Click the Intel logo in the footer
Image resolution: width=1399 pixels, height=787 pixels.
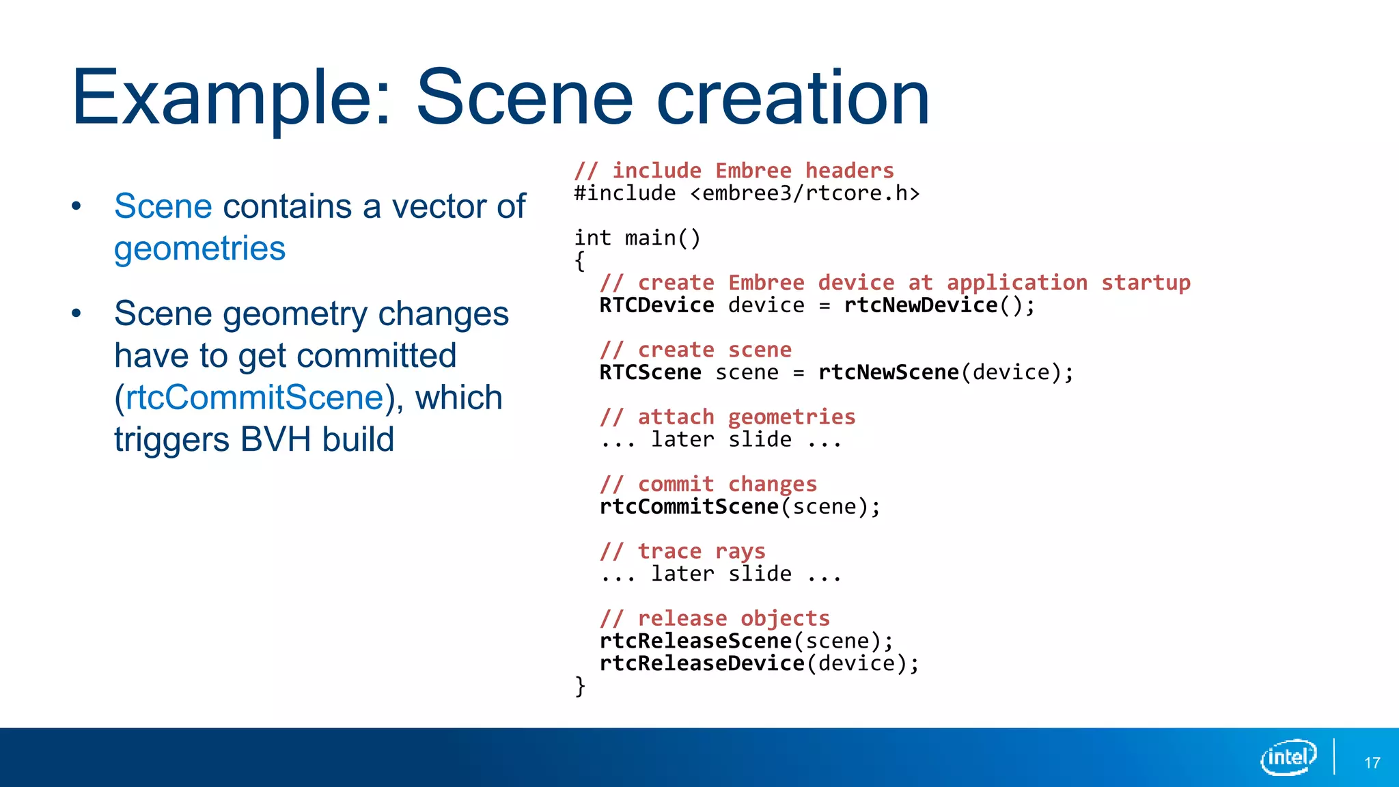[x=1288, y=757]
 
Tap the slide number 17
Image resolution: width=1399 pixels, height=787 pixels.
[x=1372, y=763]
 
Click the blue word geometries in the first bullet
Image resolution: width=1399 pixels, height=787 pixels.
[x=199, y=248]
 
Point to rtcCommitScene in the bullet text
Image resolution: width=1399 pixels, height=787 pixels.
[x=255, y=398]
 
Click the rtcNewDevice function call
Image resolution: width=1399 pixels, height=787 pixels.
[x=921, y=305]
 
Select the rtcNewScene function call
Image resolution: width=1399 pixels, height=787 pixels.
[x=889, y=372]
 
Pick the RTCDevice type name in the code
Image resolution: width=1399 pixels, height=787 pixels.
[x=656, y=305]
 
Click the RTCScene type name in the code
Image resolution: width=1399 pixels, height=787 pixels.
[x=650, y=372]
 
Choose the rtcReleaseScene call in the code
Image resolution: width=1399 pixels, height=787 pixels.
[x=695, y=641]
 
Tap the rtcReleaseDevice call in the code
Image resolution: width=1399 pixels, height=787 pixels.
[x=702, y=663]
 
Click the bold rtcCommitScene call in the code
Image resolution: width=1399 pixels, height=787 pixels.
[x=689, y=507]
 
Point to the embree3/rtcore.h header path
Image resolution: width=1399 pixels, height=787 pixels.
[x=805, y=193]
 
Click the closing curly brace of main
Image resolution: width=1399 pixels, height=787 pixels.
[x=580, y=685]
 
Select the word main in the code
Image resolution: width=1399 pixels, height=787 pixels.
[x=650, y=238]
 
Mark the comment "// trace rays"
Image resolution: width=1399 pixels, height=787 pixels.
[x=682, y=551]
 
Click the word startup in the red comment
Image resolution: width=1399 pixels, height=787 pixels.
[x=1146, y=283]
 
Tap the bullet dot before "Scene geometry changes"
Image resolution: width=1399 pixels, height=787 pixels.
[x=77, y=314]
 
